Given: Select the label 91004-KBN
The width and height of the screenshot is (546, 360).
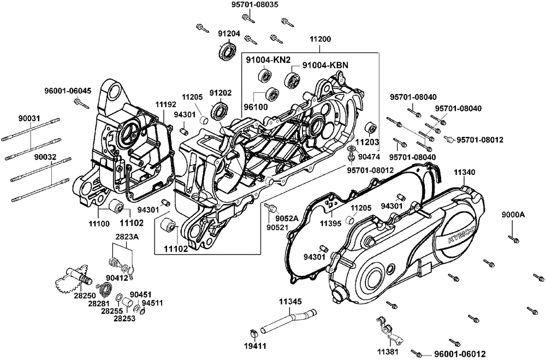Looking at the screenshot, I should pos(325,64).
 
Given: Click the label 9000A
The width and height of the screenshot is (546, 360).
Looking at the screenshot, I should pos(513,215).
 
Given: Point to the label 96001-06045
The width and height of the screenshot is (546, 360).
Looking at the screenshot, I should pos(68,91).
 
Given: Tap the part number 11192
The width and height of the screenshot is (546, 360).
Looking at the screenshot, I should pos(151,103).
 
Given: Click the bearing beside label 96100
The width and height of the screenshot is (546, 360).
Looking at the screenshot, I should pos(269,93).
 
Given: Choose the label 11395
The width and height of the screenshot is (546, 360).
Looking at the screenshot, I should pos(331,223).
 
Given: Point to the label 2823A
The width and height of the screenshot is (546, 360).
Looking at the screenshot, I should pos(127,237).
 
